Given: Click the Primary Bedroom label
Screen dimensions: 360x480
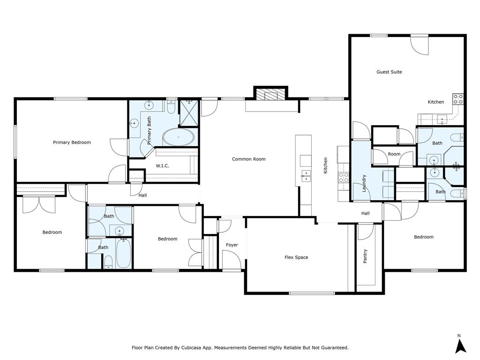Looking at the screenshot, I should click(x=72, y=142).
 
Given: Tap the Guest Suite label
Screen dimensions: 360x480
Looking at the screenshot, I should click(x=389, y=72).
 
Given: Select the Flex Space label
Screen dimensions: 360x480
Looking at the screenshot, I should click(x=296, y=257).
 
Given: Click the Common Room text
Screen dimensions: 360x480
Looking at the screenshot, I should click(x=248, y=159).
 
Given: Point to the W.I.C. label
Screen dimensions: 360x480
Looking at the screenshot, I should click(x=162, y=166).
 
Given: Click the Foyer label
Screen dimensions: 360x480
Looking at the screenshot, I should click(x=232, y=245).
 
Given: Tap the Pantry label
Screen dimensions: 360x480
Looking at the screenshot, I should click(x=365, y=256).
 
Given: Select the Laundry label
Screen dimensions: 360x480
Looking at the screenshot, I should click(x=364, y=183).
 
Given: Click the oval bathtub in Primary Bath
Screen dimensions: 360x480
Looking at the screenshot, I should click(x=178, y=138).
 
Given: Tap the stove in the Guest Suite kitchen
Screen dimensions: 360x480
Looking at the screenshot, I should click(x=458, y=99).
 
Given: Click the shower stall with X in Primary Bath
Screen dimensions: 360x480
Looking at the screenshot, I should click(x=189, y=112).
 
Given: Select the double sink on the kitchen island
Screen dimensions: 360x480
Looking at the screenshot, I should click(x=306, y=176).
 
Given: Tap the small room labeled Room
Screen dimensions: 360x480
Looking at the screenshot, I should click(x=394, y=154).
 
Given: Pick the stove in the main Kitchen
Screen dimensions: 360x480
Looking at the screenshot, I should click(x=344, y=177).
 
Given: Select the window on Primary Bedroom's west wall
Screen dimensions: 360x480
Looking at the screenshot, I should click(x=15, y=141).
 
